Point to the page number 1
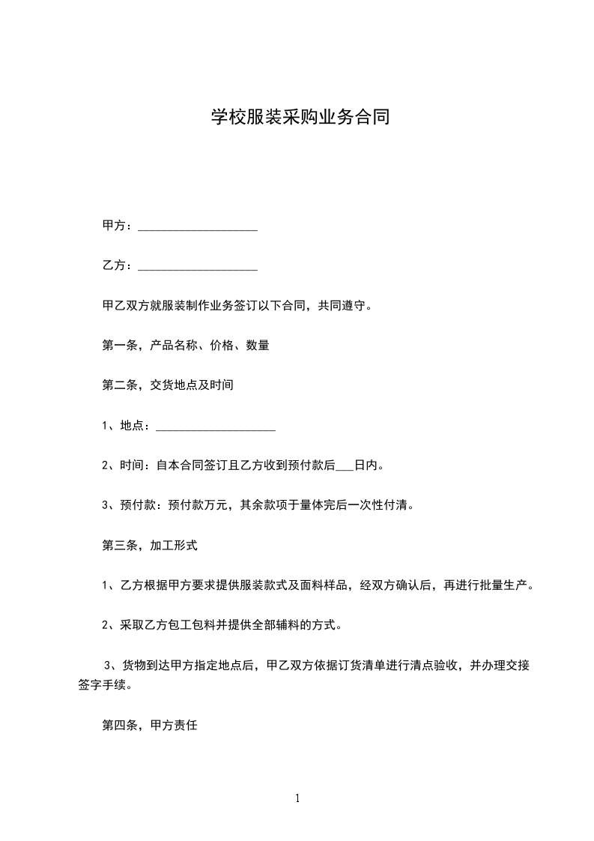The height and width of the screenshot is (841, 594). tap(297, 798)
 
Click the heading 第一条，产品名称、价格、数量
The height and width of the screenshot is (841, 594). tap(185, 346)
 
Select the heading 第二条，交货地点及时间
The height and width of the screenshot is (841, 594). tap(168, 386)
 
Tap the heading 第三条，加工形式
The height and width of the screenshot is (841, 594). tap(149, 546)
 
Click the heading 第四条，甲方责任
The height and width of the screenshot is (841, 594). tap(149, 726)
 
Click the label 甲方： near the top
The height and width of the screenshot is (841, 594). tap(118, 226)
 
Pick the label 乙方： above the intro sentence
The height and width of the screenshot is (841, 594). tap(118, 265)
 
